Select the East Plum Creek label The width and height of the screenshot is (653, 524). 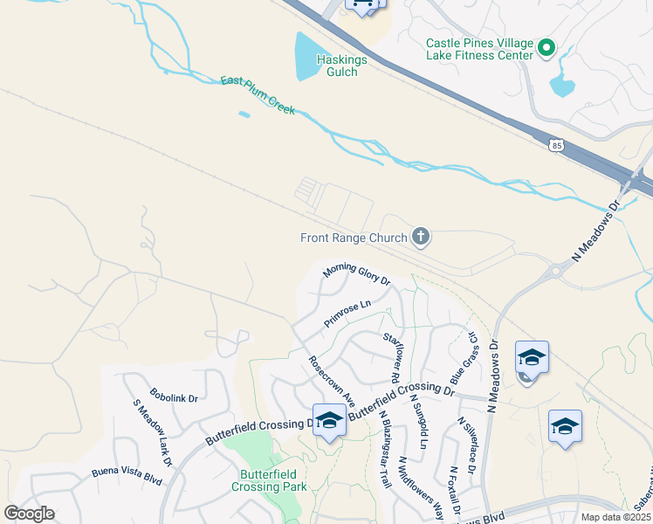(x=258, y=96)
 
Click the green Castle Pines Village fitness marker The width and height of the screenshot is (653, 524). (x=546, y=48)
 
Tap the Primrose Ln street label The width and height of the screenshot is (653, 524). (x=347, y=314)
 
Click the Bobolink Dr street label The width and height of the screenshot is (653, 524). (x=174, y=397)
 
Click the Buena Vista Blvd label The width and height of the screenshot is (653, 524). (x=127, y=476)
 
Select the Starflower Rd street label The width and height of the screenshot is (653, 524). (x=391, y=357)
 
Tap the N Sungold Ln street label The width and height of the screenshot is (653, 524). (x=418, y=421)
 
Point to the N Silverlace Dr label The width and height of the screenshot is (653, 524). (x=464, y=445)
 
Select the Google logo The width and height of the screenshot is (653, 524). (x=30, y=513)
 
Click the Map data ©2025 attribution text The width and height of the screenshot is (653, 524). (x=615, y=517)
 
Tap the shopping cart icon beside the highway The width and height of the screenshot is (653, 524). (x=362, y=4)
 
